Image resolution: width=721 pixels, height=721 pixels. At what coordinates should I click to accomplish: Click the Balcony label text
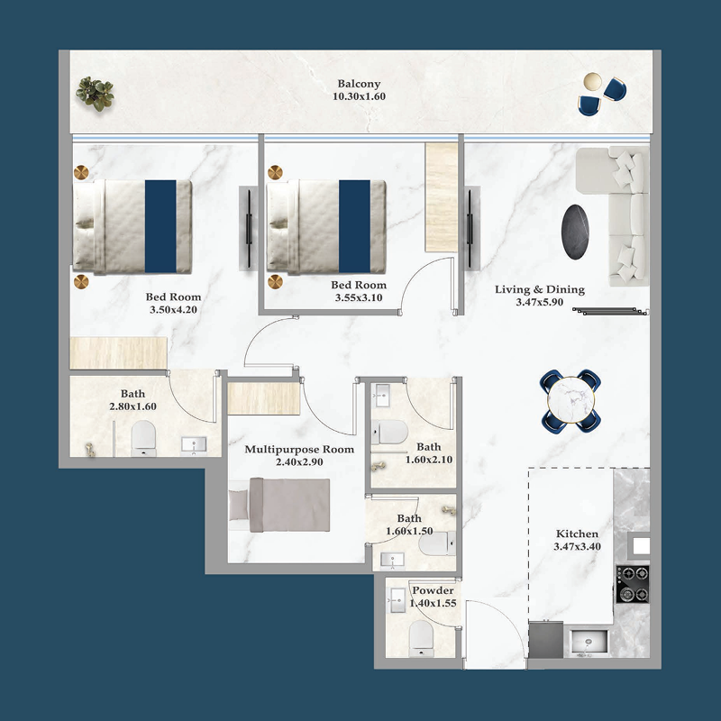coord(360,84)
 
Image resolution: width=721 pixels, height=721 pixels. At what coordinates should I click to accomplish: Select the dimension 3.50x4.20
coord(173,310)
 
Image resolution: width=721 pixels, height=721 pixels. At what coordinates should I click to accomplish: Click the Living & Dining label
coord(539,290)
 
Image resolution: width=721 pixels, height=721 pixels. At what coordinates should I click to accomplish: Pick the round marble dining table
coord(571,398)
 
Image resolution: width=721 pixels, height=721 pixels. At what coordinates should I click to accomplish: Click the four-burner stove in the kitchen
coord(632,583)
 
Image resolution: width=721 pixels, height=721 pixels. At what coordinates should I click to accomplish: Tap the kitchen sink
coord(591,643)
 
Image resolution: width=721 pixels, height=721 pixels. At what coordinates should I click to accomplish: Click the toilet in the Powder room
coord(422,640)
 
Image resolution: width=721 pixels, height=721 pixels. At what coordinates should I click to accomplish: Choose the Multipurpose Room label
coord(299,449)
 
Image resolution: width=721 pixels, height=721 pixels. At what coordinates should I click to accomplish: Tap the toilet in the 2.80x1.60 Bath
coord(143,440)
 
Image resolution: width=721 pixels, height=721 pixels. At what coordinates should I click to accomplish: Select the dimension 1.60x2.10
coord(428,460)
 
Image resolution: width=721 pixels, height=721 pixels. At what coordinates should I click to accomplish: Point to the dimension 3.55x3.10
coord(358,297)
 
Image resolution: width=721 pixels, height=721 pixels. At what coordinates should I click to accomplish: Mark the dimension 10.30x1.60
coord(360,97)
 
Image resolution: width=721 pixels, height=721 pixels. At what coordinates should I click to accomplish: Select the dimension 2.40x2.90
coord(299,462)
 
